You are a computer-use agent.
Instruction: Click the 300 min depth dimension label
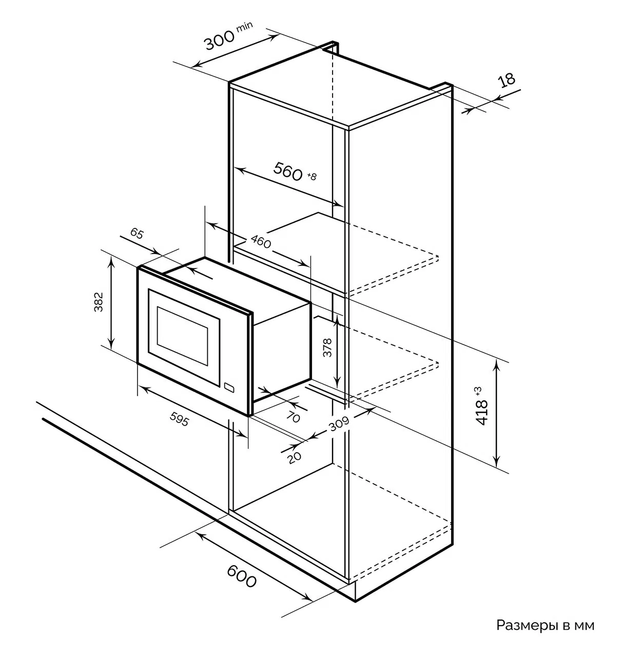(228, 36)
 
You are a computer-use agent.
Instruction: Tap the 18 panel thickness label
(506, 80)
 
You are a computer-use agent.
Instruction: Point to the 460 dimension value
(261, 241)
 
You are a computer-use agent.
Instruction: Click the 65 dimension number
(137, 234)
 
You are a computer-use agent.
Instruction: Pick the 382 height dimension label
(99, 302)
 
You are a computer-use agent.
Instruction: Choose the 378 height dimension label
(327, 348)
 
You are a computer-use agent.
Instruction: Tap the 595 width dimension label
(179, 419)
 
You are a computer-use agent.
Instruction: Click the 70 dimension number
(293, 417)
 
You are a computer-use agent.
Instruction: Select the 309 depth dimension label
(339, 424)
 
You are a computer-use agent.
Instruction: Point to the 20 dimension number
(294, 458)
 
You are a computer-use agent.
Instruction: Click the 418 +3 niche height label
(482, 406)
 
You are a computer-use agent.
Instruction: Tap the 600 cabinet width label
(241, 576)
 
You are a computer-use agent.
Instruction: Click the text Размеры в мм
(545, 625)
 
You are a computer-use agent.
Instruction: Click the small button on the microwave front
(229, 388)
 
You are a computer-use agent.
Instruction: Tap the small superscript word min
(245, 27)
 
